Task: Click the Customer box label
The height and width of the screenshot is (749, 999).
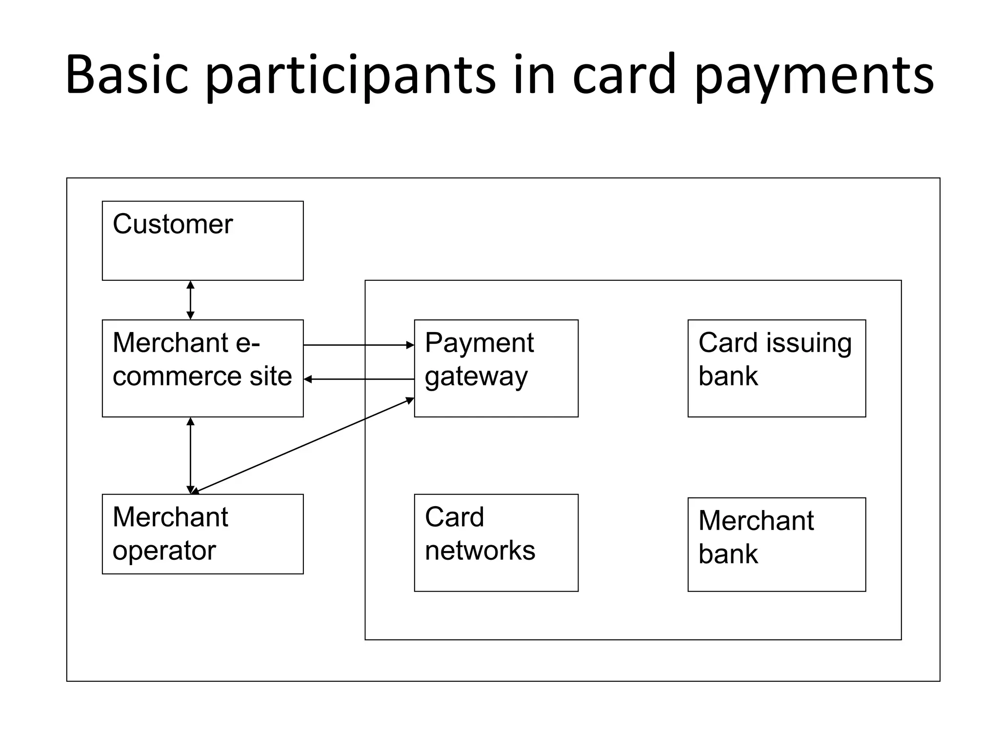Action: point(173,224)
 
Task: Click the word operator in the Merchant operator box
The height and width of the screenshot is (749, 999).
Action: point(164,551)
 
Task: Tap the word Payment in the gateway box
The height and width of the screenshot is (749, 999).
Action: point(479,343)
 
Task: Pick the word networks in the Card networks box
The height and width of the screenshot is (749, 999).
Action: point(480,551)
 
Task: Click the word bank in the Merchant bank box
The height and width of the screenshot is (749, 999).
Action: point(728,554)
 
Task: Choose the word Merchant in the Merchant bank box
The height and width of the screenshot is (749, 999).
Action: point(756,521)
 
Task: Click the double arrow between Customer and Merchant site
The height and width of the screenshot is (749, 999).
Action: point(191,300)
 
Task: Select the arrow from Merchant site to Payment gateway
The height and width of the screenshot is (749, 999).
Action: point(359,345)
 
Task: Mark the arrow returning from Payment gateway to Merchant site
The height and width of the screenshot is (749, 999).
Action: point(359,379)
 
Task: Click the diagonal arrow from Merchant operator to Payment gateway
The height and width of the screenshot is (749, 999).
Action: point(302,445)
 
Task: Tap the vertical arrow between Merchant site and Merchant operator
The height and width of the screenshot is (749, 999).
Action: point(191,455)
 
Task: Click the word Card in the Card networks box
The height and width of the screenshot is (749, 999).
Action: point(454,517)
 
